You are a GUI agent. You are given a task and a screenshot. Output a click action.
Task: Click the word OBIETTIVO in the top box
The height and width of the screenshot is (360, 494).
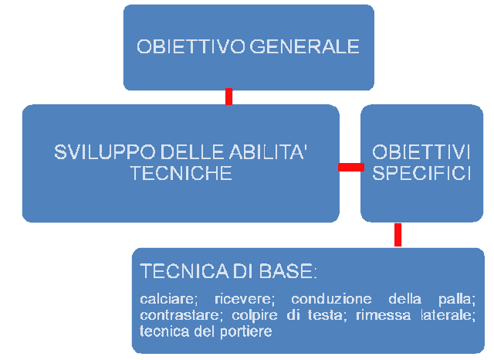click(191, 46)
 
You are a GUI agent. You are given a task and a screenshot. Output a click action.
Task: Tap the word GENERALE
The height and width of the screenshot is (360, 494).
click(304, 46)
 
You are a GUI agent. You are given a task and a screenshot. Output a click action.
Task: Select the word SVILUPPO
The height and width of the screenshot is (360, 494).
click(105, 152)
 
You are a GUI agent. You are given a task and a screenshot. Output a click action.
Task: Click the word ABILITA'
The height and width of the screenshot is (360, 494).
click(268, 152)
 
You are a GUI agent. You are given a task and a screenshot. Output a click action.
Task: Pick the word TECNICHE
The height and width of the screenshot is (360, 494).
click(181, 173)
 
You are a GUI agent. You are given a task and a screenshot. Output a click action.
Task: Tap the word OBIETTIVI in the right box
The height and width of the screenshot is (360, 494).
click(421, 152)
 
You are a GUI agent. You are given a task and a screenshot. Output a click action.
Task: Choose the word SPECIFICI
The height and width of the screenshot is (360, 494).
click(421, 173)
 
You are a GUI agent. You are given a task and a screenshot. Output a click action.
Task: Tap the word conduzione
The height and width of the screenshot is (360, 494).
click(331, 299)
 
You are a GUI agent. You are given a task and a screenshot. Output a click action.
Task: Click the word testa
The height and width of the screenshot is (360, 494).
click(327, 315)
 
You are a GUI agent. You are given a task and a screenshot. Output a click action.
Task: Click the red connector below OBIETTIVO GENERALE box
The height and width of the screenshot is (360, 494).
click(228, 97)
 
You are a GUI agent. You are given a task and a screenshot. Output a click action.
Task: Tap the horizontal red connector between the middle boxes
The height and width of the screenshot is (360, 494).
click(351, 167)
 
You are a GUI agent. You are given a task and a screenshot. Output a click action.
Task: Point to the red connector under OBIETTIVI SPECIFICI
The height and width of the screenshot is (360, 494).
click(398, 235)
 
